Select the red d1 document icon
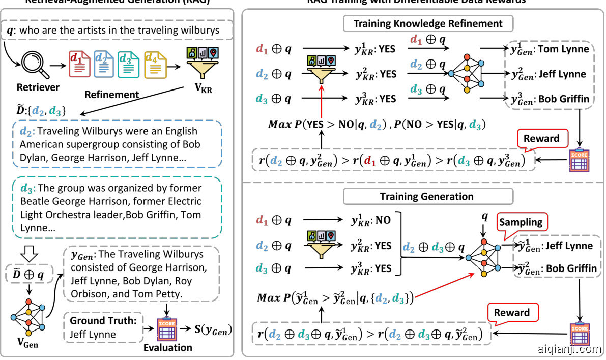[x=79, y=65]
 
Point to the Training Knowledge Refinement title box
[x=427, y=23]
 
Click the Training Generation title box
[x=426, y=197]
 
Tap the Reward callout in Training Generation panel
[x=512, y=312]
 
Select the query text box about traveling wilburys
[x=121, y=31]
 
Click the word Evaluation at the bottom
[x=168, y=348]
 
